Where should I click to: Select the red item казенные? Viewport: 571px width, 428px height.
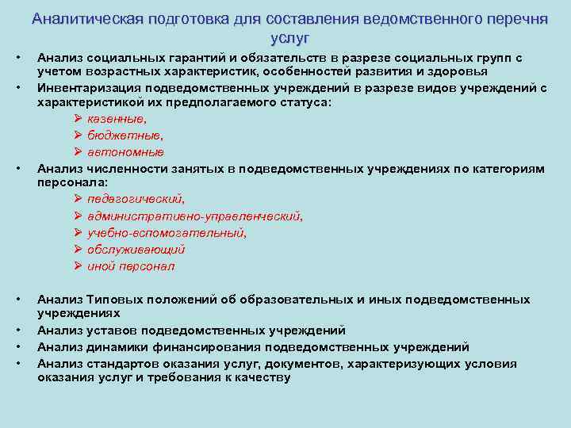click(x=117, y=118)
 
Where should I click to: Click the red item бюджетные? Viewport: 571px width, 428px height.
click(x=120, y=135)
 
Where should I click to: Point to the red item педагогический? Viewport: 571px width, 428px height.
click(x=136, y=199)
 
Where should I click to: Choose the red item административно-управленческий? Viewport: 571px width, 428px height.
click(x=194, y=216)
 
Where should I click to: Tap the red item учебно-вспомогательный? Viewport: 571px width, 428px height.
click(x=167, y=232)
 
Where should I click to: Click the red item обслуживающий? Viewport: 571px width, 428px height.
click(x=136, y=249)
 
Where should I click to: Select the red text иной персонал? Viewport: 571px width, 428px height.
click(x=130, y=266)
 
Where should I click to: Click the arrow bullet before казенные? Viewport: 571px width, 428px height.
click(x=78, y=118)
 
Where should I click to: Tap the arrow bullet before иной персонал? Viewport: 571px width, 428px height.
click(x=78, y=266)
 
